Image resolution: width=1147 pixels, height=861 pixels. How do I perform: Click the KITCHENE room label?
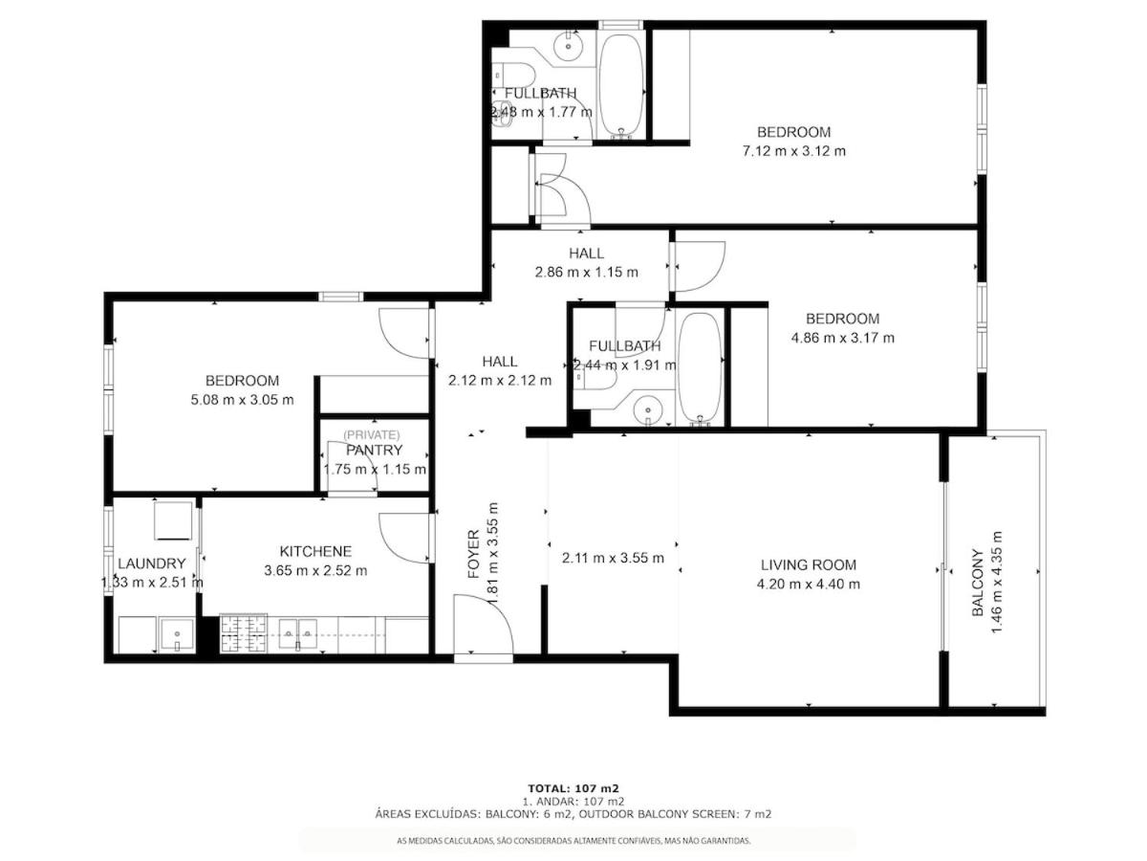pos(315,551)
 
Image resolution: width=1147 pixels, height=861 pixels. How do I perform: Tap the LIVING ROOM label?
pos(808,564)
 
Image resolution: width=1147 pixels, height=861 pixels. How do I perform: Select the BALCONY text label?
pos(977,583)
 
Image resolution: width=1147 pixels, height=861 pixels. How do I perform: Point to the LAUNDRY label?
pos(152,563)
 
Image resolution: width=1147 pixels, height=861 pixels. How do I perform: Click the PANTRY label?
pos(374,450)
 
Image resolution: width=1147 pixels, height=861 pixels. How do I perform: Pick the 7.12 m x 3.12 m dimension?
pos(793,151)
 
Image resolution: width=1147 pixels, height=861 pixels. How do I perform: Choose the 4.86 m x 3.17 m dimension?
pos(842,338)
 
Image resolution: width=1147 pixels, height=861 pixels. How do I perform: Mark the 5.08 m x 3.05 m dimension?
pos(242,400)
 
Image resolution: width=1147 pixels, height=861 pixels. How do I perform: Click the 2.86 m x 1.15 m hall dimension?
pos(586,272)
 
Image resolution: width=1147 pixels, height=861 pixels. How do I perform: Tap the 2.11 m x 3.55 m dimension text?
pos(613,558)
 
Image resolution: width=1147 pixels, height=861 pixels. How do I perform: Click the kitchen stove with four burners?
pos(243,634)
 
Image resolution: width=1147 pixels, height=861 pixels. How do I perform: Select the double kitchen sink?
pos(297,634)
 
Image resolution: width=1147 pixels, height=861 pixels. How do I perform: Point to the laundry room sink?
pos(177,634)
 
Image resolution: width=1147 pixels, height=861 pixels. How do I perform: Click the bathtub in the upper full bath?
pos(620,86)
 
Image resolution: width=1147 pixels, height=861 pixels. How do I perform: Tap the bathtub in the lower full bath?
pos(700,367)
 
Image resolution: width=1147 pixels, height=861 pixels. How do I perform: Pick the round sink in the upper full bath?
pos(567,47)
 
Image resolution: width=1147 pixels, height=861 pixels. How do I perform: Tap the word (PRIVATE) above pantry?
pos(372,434)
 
